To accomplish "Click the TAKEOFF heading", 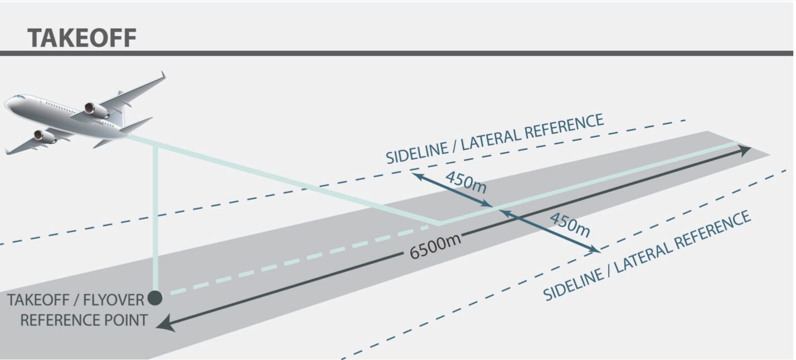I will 82,38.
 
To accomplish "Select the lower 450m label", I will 569,223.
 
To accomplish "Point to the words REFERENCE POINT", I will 84,320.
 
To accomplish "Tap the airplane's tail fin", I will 119,106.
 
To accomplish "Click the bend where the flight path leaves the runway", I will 440,224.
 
